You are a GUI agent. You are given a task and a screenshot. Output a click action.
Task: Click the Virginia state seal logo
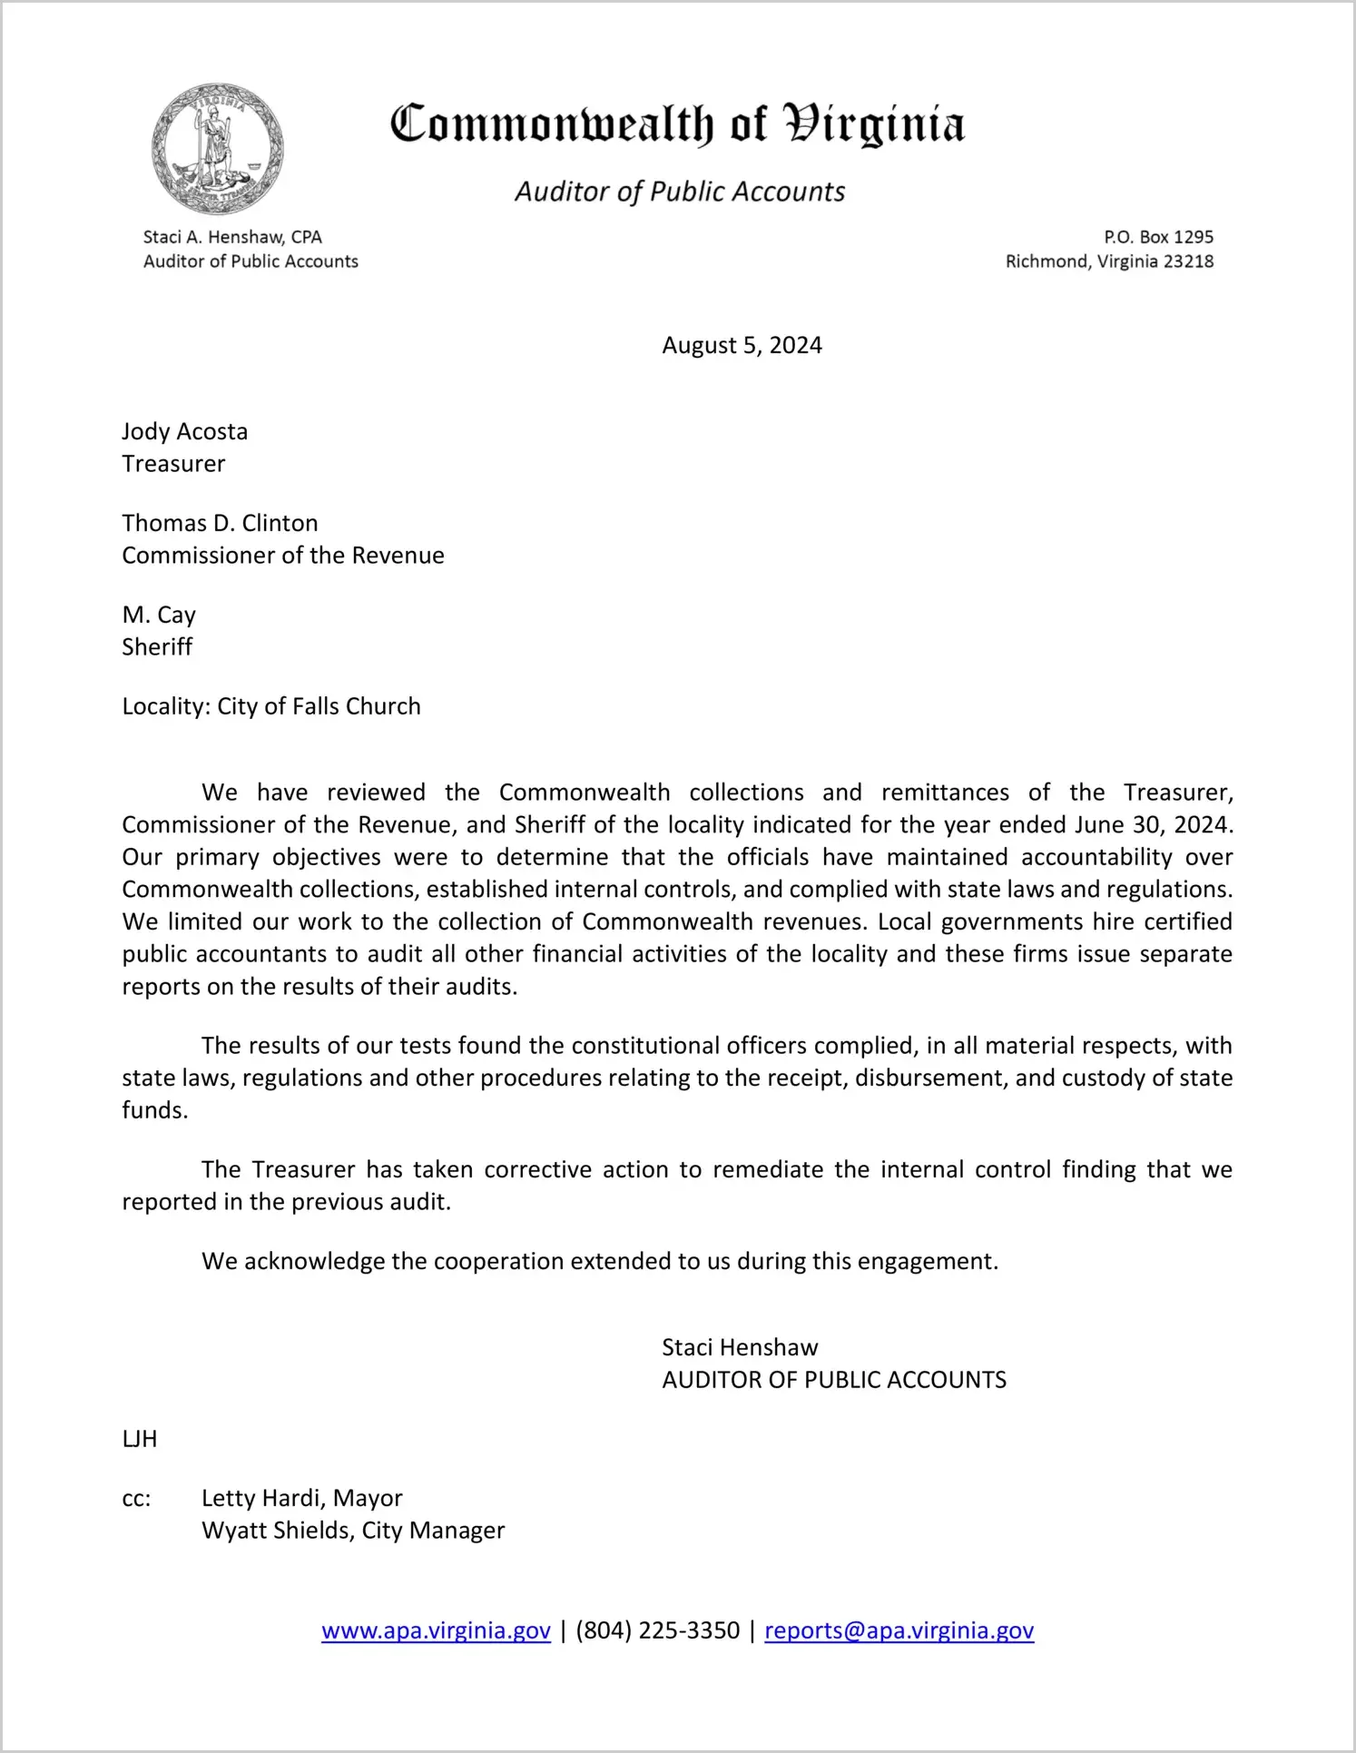pos(218,149)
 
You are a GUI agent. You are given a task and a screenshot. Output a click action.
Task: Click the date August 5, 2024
pos(742,346)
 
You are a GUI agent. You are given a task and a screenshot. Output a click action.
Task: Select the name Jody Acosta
pos(185,432)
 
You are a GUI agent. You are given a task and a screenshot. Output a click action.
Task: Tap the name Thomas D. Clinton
pos(220,524)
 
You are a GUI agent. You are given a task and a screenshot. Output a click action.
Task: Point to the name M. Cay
pos(159,616)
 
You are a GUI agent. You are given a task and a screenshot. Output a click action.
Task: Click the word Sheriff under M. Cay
pos(157,647)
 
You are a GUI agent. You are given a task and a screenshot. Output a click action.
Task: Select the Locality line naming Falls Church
pos(271,707)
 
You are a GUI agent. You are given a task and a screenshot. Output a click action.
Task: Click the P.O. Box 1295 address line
pos(1158,238)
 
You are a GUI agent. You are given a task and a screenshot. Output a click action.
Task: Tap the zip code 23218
pos(1188,262)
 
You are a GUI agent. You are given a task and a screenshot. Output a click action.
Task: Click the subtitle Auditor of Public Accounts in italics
pos(680,192)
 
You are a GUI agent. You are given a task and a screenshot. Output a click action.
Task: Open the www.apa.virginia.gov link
pos(436,1631)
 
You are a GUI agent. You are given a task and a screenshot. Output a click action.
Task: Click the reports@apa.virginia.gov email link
pos(899,1631)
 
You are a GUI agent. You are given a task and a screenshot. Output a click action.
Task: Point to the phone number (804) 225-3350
pos(657,1631)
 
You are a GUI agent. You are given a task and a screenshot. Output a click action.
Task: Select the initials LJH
pos(140,1440)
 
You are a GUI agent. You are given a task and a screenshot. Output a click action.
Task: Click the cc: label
pos(136,1499)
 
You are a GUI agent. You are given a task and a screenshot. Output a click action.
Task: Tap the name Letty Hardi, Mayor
pos(301,1499)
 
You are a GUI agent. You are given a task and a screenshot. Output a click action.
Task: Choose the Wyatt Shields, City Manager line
pos(353,1531)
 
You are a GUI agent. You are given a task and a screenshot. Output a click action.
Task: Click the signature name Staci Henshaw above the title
pos(740,1348)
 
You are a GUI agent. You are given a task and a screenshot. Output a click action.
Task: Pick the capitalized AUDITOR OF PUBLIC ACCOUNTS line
pos(834,1381)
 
